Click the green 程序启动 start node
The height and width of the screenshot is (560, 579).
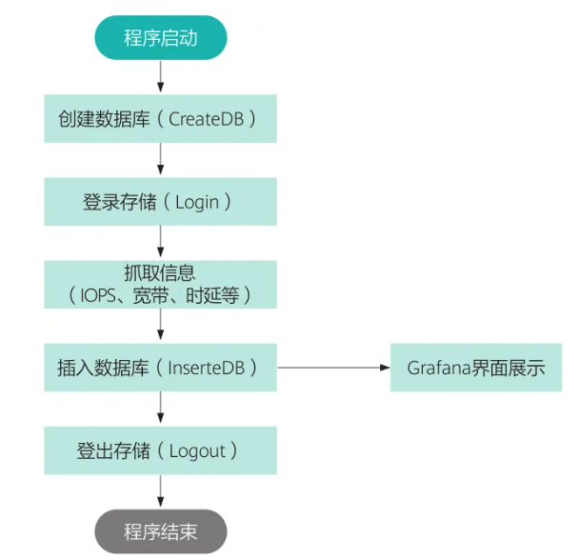tap(160, 38)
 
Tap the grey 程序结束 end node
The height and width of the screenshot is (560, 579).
tap(160, 531)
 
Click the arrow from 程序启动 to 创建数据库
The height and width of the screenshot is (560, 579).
tap(160, 76)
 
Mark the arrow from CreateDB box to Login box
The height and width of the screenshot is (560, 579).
tap(160, 160)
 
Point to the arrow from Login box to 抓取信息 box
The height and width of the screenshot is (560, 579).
tap(160, 243)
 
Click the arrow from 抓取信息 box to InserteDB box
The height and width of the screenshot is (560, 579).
tap(160, 326)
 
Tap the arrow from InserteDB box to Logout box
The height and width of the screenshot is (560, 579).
tap(160, 409)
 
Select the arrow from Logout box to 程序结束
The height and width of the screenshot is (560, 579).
tap(160, 491)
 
